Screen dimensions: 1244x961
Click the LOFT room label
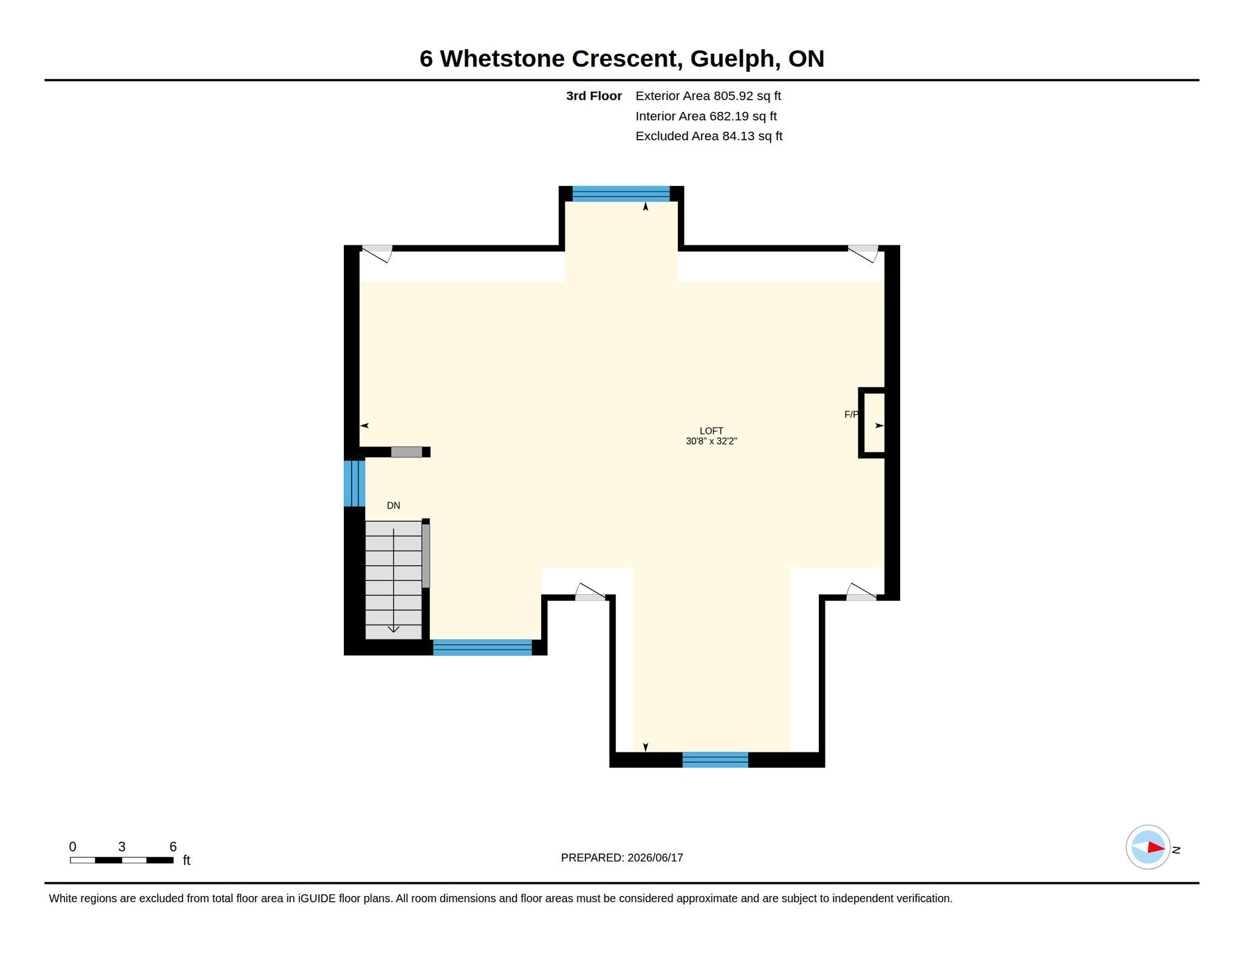click(x=711, y=431)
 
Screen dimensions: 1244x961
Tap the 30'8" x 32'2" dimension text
click(x=711, y=441)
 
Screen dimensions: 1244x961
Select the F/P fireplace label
click(x=851, y=414)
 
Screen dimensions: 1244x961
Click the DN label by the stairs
click(x=394, y=505)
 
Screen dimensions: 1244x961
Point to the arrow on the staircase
click(x=394, y=580)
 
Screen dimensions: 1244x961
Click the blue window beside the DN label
click(x=354, y=484)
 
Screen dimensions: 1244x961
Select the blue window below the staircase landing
click(x=482, y=648)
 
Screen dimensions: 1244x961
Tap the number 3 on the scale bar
click(x=122, y=847)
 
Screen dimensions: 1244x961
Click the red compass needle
click(x=1156, y=847)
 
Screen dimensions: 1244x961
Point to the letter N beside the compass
click(x=1176, y=850)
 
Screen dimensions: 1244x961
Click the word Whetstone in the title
click(x=502, y=58)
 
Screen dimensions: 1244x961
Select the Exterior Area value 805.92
click(x=733, y=96)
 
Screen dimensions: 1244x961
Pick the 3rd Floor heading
click(x=594, y=96)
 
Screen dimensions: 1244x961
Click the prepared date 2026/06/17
click(x=655, y=858)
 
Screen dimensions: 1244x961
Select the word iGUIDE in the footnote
click(x=316, y=898)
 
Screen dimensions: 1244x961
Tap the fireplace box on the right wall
click(x=872, y=423)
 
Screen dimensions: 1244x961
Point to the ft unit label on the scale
click(x=186, y=860)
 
